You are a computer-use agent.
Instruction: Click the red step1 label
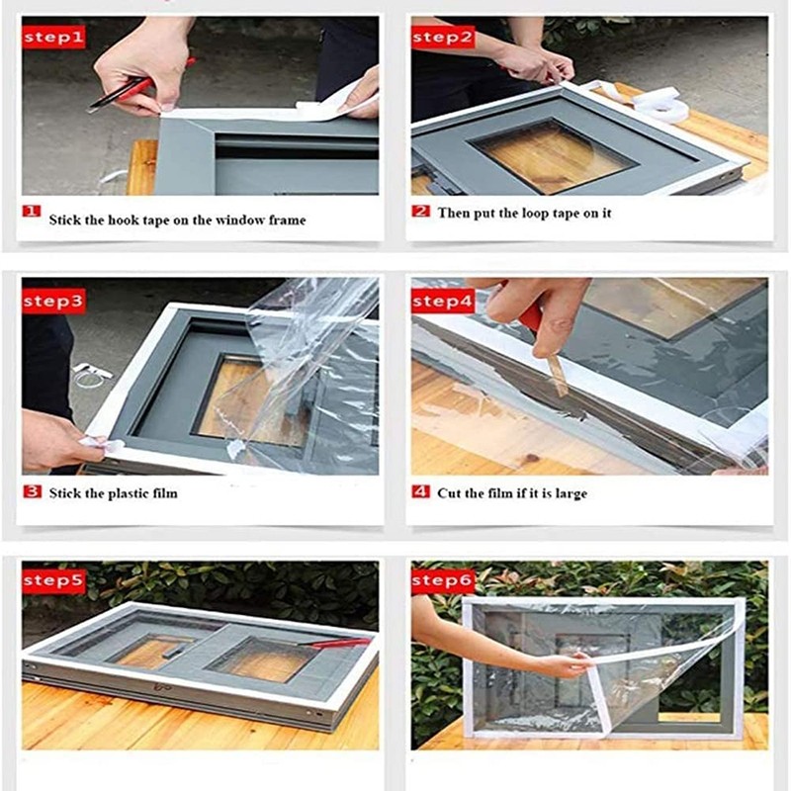53,38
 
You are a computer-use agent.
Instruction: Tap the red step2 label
443,38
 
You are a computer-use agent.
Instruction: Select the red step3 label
53,302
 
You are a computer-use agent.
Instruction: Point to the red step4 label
443,302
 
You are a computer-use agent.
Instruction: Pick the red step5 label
53,580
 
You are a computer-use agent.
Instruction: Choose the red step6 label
443,580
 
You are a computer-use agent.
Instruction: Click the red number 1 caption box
32,211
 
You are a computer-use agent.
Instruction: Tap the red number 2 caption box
421,211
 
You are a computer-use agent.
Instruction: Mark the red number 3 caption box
33,490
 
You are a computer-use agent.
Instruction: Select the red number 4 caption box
421,490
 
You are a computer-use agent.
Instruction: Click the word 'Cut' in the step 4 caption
448,492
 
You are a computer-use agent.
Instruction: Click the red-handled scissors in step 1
140,86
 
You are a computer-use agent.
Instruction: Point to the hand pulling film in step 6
566,664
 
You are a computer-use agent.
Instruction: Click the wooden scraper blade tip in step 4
562,393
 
